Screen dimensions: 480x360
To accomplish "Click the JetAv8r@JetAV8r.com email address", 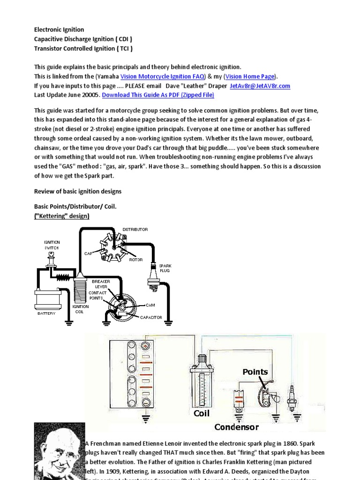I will click(260, 86).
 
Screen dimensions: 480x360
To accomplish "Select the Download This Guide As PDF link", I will click(158, 95).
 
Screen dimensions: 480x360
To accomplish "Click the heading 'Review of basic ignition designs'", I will click(78, 191).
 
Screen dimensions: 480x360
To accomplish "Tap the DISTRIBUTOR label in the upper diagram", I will click(135, 229).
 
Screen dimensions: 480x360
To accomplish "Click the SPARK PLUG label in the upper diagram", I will click(165, 268).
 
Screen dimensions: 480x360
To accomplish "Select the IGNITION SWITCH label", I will click(52, 245).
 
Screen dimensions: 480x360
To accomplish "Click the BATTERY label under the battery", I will click(46, 313).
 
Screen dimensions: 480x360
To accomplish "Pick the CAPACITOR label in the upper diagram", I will click(151, 317).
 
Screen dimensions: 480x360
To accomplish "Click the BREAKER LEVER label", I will click(102, 284).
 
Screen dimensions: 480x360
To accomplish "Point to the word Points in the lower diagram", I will click(255, 372).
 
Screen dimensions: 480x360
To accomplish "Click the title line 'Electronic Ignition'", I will click(59, 30).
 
